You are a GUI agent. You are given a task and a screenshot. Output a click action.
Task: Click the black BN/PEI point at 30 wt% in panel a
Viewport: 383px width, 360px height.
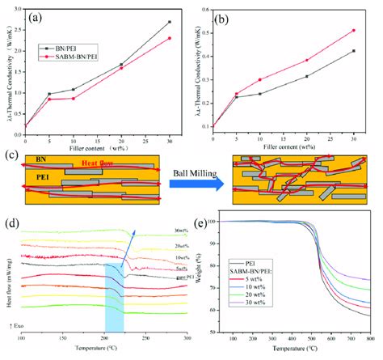[x=169, y=22]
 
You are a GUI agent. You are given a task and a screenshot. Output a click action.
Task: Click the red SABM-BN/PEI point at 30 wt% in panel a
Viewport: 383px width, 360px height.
[x=169, y=38]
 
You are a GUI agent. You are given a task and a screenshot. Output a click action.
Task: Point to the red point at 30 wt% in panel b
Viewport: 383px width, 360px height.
[x=353, y=31]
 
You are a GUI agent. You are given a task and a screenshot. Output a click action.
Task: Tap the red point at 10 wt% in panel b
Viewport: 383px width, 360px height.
[x=259, y=80]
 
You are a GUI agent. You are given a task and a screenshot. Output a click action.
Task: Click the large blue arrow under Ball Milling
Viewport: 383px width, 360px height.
[x=194, y=185]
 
